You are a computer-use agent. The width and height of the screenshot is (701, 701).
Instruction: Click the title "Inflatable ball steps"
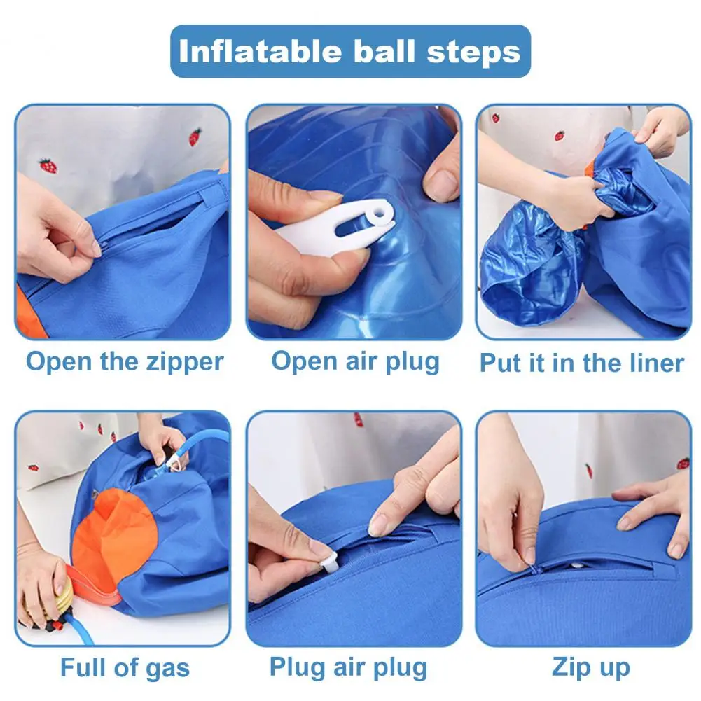349,52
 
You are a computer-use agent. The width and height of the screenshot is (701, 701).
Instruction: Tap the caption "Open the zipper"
125,362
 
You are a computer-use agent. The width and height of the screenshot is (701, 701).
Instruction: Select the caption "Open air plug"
356,361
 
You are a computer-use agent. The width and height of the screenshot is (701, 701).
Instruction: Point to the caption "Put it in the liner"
582,363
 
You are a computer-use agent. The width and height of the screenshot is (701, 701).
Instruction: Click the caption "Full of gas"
125,668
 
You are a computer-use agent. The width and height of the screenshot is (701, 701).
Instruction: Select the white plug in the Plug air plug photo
329,562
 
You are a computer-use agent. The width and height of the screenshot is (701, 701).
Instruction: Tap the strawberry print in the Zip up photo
683,463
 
